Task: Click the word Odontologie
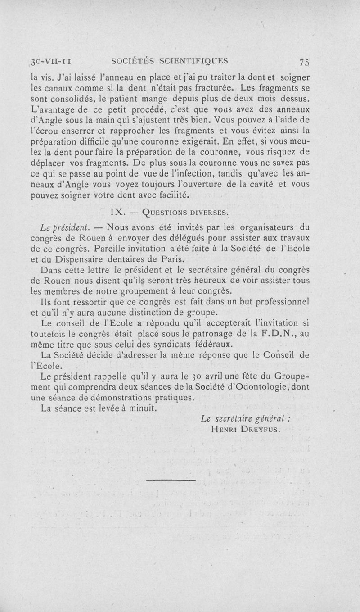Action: coord(261,387)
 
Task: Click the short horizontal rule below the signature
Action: coord(171,481)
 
